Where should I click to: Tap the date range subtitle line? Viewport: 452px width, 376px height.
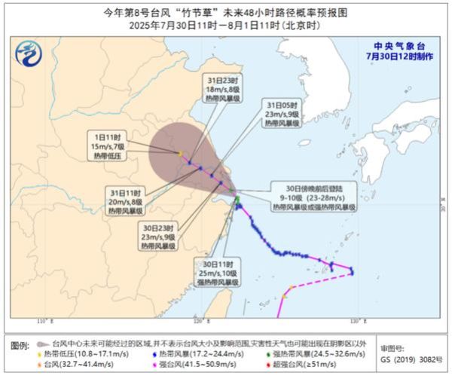point(226,25)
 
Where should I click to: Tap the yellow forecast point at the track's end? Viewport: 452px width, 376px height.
point(180,154)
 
